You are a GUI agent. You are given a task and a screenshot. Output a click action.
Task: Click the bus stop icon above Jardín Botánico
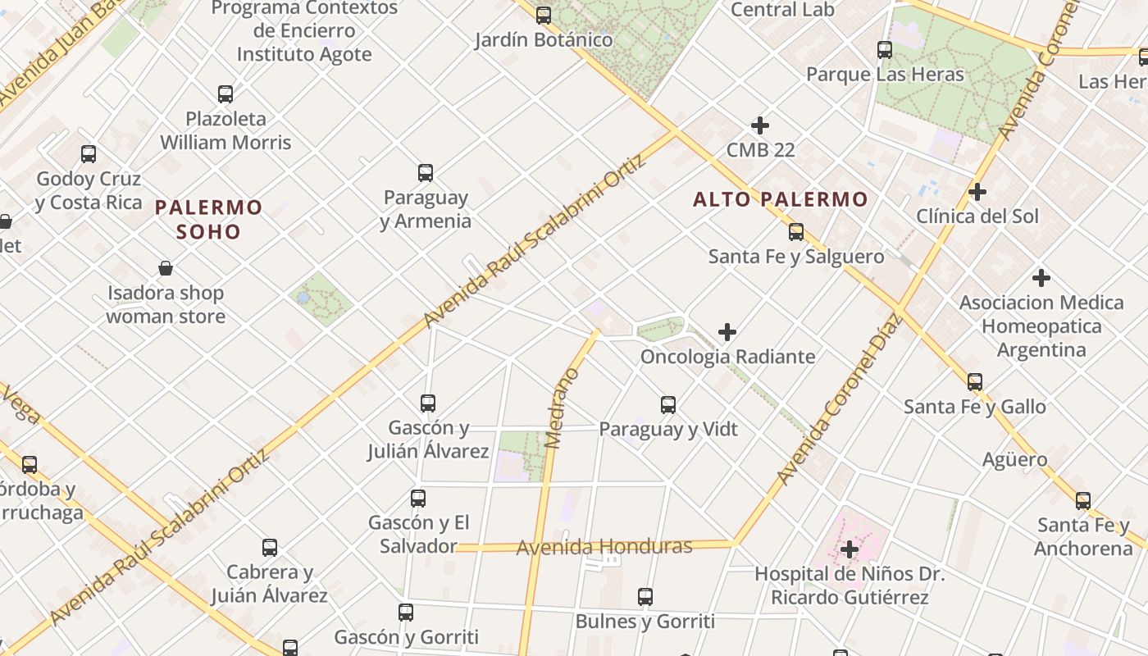pyautogui.click(x=544, y=16)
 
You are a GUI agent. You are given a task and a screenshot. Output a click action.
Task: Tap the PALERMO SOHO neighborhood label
pyautogui.click(x=209, y=219)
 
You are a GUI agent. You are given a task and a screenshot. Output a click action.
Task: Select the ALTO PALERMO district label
pyautogui.click(x=780, y=199)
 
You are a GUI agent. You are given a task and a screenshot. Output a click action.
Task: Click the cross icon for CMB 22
pyautogui.click(x=760, y=125)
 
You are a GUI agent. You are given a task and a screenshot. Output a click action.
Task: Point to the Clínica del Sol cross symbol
pyautogui.click(x=977, y=192)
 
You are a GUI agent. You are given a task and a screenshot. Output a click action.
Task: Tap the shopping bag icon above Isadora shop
pyautogui.click(x=166, y=268)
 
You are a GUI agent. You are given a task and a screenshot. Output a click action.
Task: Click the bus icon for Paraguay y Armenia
pyautogui.click(x=426, y=173)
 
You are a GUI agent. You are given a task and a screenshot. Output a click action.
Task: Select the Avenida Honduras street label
pyautogui.click(x=604, y=547)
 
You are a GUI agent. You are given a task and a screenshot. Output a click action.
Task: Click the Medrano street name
pyautogui.click(x=562, y=408)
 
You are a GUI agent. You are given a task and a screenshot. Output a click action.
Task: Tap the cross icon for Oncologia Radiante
pyautogui.click(x=727, y=332)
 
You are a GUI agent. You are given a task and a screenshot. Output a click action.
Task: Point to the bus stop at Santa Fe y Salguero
pyautogui.click(x=795, y=232)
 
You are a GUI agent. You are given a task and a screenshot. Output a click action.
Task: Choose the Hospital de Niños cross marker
pyautogui.click(x=850, y=549)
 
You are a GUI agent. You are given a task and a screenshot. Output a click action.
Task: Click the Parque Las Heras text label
pyautogui.click(x=885, y=75)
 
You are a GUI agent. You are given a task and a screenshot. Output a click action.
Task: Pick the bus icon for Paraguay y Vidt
pyautogui.click(x=668, y=405)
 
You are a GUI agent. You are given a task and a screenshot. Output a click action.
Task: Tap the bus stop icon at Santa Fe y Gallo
pyautogui.click(x=975, y=382)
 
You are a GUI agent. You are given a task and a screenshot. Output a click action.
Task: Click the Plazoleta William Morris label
pyautogui.click(x=225, y=130)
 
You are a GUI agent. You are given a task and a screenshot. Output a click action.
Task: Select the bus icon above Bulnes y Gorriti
pyautogui.click(x=645, y=597)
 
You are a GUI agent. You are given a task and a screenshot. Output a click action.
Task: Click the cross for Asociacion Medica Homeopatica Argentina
pyautogui.click(x=1041, y=278)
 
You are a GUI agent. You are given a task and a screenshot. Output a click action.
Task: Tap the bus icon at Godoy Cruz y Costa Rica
pyautogui.click(x=89, y=154)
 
